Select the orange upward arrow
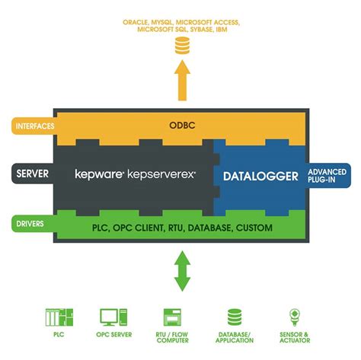tap(181, 80)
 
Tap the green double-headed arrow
tap(181, 271)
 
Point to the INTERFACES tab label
tap(31, 124)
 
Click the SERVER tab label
tap(33, 174)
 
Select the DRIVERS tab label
tap(30, 224)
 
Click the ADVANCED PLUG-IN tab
tap(327, 176)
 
